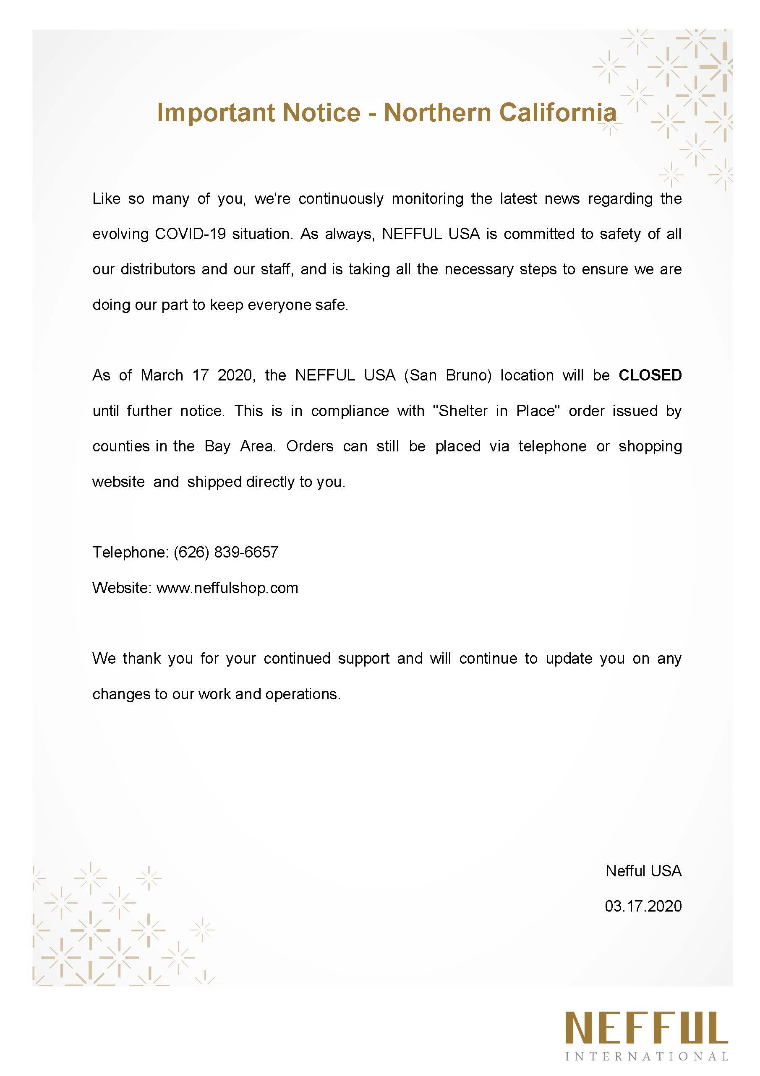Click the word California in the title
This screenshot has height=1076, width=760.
coord(557,112)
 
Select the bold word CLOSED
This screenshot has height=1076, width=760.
coord(650,375)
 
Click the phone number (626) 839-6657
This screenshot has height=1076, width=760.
coord(225,552)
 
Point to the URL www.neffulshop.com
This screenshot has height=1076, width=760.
coord(227,588)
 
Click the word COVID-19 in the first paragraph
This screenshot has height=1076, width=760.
coord(191,234)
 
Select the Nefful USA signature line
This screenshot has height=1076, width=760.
coord(643,871)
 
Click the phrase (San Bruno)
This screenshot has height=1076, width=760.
coord(448,375)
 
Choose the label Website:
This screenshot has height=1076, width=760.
coord(121,588)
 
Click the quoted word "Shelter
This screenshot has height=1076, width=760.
coord(461,411)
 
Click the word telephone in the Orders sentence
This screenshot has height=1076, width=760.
coord(552,446)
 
